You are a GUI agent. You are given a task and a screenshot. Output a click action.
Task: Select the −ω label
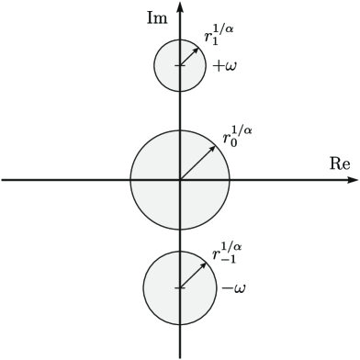tap(232, 288)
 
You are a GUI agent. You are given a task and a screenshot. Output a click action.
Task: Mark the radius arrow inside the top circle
tap(190, 56)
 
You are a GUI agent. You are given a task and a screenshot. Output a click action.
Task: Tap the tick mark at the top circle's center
tap(180, 66)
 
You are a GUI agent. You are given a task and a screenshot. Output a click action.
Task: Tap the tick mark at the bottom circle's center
tap(180, 287)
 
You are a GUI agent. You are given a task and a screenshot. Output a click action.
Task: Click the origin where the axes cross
tap(180, 180)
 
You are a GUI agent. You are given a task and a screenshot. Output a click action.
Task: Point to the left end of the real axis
tap(4, 180)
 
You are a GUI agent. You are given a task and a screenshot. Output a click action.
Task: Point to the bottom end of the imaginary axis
tap(180, 356)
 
